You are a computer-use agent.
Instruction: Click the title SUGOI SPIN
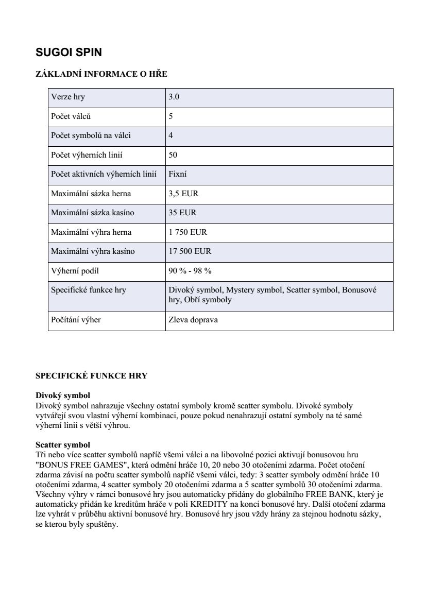(69, 53)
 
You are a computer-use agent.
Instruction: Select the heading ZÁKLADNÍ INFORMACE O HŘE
(101, 74)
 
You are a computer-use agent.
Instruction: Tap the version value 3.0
(174, 97)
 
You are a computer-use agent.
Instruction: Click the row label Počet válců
(71, 116)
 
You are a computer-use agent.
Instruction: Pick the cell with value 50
(173, 155)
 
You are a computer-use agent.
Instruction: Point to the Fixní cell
(178, 174)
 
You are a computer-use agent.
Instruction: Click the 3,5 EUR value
(183, 194)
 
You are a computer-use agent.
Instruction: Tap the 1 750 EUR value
(188, 232)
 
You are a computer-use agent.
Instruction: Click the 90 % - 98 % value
(190, 271)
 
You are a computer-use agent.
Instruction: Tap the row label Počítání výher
(76, 320)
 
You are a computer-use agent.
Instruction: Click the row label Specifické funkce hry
(88, 290)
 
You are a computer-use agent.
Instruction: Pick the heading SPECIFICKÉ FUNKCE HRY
(91, 376)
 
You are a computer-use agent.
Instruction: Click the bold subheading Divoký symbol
(62, 395)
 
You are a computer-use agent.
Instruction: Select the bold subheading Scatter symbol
(62, 444)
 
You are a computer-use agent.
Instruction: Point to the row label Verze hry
(69, 97)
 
